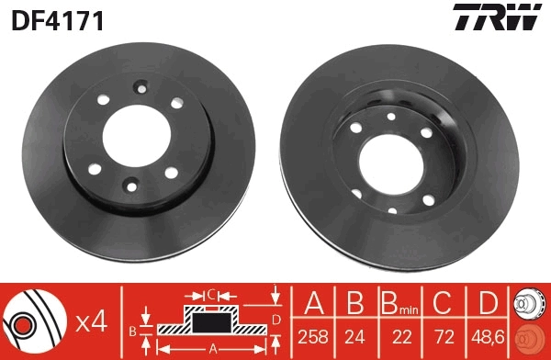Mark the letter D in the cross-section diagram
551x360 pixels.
pyautogui.click(x=275, y=319)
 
